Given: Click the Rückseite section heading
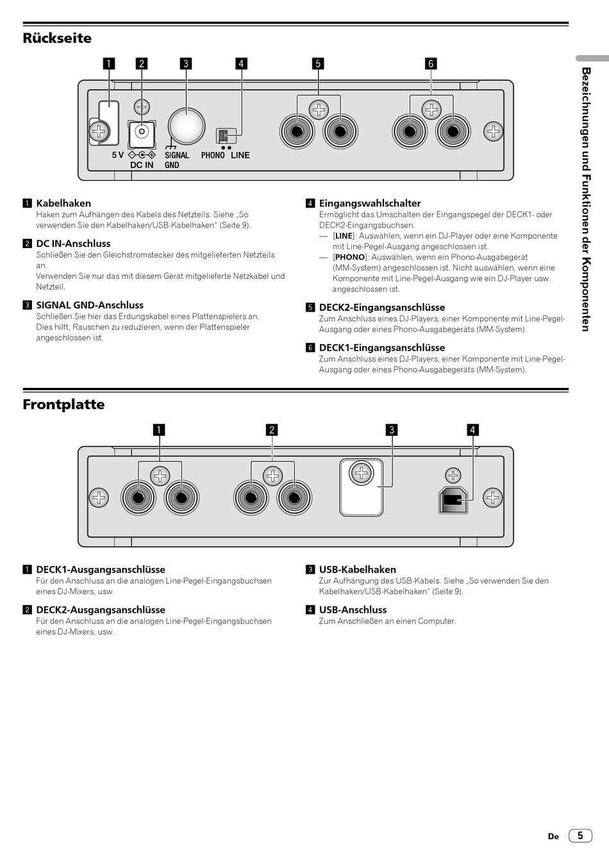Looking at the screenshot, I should coord(57,38).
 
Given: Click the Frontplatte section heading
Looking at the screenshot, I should coord(63,404).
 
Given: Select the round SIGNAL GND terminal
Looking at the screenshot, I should coord(186,124).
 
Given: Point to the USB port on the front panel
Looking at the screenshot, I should coord(453,499).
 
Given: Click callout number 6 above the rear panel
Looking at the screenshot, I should coord(431,63).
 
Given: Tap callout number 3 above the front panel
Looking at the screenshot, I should coord(392,429).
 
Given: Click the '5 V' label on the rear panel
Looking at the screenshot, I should coord(118,155).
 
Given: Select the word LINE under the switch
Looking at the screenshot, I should coord(240,155).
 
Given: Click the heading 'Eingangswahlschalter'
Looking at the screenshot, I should coord(370,203).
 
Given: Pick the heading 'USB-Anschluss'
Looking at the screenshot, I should coord(353,610).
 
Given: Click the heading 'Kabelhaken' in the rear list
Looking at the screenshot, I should coord(63,203).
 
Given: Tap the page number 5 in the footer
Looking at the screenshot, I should coord(580,835).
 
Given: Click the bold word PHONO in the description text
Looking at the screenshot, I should coord(349,257).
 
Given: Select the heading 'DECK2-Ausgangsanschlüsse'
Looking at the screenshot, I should coord(101,610).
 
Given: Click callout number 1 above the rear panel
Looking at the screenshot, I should coord(109,63).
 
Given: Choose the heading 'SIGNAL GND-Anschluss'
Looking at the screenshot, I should coord(90,305).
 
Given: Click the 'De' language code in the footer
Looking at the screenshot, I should coord(553,837).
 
